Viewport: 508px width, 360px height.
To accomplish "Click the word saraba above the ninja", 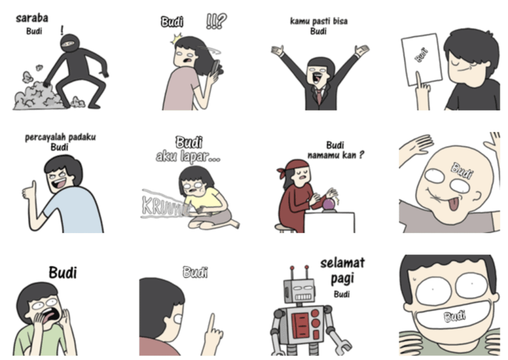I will click(32, 18).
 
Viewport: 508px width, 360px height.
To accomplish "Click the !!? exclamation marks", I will click(216, 21).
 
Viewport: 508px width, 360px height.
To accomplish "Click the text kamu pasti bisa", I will click(318, 21).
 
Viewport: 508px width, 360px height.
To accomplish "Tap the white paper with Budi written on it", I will click(421, 59).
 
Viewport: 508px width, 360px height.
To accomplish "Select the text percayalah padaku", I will click(60, 137).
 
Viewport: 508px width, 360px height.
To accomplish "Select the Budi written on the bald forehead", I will click(462, 171).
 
